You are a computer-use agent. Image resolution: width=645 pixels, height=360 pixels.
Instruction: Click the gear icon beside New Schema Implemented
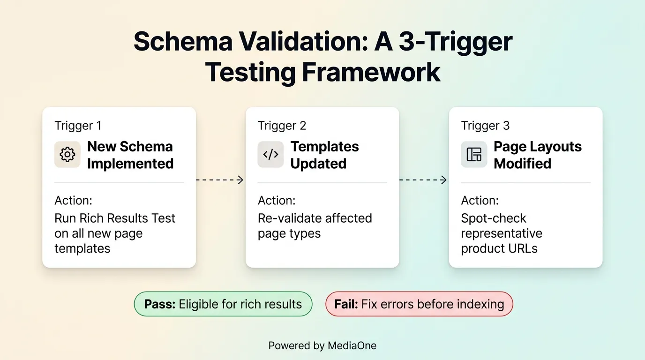pyautogui.click(x=67, y=155)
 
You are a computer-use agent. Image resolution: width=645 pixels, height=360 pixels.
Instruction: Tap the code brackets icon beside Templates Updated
pyautogui.click(x=270, y=155)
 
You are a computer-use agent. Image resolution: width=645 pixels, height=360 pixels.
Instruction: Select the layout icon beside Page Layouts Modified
pyautogui.click(x=474, y=155)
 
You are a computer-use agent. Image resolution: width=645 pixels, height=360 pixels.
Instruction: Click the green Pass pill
pyautogui.click(x=223, y=304)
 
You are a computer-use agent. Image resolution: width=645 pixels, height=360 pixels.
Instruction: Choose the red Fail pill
pyautogui.click(x=419, y=304)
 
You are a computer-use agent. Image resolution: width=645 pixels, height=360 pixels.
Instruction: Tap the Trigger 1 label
pyautogui.click(x=78, y=126)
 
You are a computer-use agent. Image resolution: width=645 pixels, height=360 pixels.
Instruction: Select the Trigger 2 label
pyautogui.click(x=282, y=126)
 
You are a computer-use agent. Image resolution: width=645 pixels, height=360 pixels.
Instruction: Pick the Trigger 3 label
pyautogui.click(x=485, y=126)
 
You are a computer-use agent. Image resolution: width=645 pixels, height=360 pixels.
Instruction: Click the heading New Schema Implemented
pyautogui.click(x=130, y=155)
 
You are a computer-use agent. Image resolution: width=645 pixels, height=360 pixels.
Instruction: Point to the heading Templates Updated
pyautogui.click(x=324, y=155)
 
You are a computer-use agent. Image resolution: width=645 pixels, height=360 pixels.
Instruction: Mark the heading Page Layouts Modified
pyautogui.click(x=537, y=155)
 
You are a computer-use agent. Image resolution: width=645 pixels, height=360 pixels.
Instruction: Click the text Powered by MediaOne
pyautogui.click(x=322, y=346)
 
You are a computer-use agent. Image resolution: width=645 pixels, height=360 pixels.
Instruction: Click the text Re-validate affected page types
pyautogui.click(x=315, y=226)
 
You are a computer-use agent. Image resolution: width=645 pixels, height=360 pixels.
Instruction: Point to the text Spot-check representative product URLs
pyautogui.click(x=501, y=233)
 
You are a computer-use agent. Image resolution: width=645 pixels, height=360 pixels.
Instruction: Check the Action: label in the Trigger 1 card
pyautogui.click(x=73, y=201)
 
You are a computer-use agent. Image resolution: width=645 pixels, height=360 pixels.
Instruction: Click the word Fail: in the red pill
pyautogui.click(x=346, y=304)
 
